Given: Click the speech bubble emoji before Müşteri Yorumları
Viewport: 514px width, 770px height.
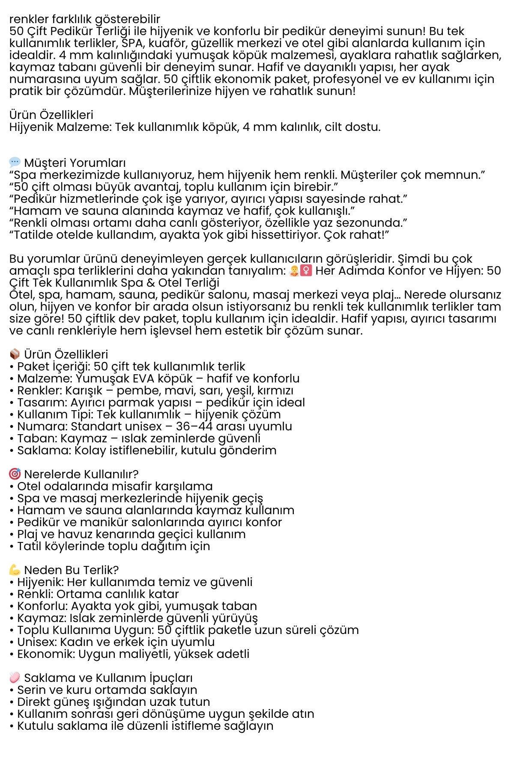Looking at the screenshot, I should tap(15, 162).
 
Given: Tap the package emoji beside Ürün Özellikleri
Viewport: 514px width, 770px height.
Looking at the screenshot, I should tap(15, 354).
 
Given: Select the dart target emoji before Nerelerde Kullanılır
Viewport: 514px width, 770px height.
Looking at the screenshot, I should tap(15, 474).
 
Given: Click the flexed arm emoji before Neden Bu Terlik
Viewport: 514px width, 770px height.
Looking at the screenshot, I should tap(15, 570).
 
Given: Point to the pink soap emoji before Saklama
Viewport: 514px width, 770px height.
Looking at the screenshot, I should tap(15, 678).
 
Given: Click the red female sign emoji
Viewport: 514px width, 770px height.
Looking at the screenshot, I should tap(306, 270).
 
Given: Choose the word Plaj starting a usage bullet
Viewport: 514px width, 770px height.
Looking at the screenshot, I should tap(28, 534).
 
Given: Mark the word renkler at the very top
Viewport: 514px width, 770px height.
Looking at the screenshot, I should tap(29, 19).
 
